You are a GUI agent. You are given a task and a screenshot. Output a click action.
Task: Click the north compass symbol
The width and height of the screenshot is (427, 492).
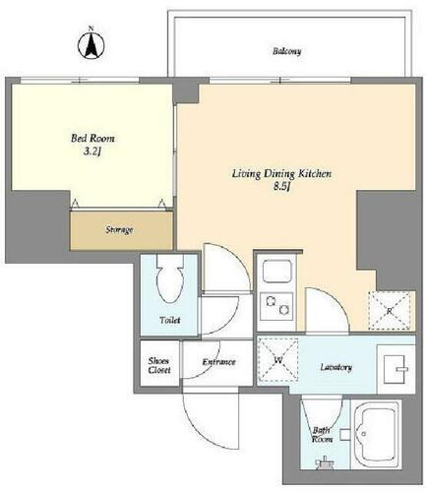(91, 44)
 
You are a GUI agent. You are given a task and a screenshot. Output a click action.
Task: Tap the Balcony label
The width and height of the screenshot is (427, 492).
(287, 51)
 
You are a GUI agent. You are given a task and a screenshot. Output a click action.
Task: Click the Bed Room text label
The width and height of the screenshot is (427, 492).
(92, 138)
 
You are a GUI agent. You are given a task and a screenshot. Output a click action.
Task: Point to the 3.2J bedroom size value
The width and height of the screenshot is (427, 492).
(92, 152)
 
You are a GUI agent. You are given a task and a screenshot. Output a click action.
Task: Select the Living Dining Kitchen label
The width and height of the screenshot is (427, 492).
(281, 174)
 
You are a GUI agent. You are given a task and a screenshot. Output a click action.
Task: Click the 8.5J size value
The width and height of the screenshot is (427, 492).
(282, 187)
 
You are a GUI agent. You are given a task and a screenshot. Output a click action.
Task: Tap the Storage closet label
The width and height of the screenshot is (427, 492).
(119, 230)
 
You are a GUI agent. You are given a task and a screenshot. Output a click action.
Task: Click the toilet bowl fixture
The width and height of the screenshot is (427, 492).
(169, 278)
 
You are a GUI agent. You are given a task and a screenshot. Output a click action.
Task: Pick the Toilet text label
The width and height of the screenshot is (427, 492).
(170, 320)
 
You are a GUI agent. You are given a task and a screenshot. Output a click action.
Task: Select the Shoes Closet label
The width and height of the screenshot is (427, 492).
(159, 365)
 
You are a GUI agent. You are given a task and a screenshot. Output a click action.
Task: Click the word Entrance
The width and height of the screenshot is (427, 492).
(219, 362)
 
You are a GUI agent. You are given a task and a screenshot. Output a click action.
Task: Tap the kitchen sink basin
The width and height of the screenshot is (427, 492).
(277, 271)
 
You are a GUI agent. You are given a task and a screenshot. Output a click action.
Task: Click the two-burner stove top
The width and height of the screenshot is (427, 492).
(276, 306)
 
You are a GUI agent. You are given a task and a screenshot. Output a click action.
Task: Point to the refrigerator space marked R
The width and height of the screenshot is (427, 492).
(390, 310)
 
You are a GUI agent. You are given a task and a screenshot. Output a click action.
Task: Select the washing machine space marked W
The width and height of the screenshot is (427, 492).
(277, 360)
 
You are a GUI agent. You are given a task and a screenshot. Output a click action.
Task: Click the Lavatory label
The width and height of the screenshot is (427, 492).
(336, 367)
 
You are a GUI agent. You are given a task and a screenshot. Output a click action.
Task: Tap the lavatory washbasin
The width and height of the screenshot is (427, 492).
(396, 369)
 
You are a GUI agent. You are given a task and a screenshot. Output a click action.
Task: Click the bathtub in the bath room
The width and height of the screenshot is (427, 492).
(377, 435)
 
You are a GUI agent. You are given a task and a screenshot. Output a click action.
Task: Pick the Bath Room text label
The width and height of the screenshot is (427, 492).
(322, 435)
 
